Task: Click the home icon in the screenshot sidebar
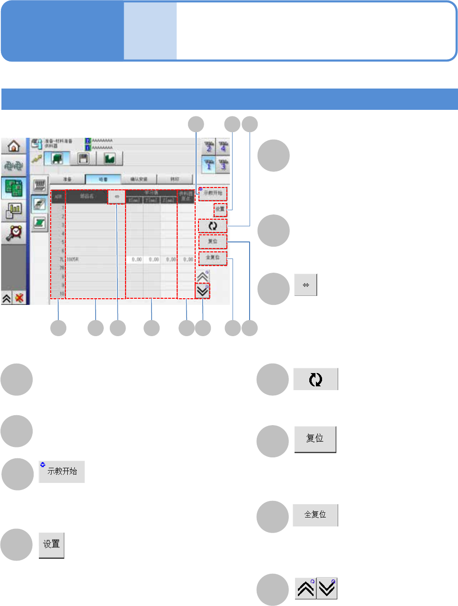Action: pos(14,145)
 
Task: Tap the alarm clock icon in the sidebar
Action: pos(14,232)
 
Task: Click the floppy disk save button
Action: pos(83,159)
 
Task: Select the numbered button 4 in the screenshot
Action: pos(223,147)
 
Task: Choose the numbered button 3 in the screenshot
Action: pos(223,165)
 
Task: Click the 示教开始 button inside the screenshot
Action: pos(213,193)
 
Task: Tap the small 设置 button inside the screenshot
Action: pos(220,209)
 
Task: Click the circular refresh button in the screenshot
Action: pos(213,226)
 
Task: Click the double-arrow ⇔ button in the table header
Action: pos(117,196)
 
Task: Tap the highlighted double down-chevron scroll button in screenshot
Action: pos(203,291)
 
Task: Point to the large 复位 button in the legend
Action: pos(315,439)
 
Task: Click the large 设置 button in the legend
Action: pos(51,545)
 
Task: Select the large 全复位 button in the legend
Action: pos(315,515)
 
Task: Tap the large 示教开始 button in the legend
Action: pos(62,472)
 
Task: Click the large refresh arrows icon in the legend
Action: pos(315,379)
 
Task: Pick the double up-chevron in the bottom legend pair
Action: pos(305,588)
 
